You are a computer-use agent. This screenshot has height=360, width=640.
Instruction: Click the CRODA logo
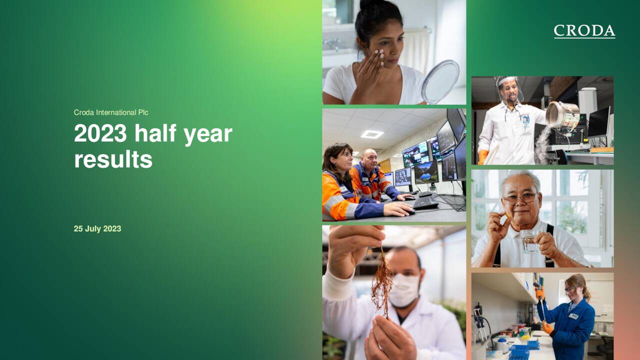(x=584, y=31)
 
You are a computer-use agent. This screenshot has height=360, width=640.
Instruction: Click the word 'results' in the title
(x=113, y=159)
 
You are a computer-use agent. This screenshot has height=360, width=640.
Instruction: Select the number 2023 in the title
(x=100, y=133)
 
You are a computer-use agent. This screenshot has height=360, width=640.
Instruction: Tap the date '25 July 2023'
(x=97, y=229)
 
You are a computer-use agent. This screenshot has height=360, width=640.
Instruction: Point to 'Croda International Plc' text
(x=111, y=112)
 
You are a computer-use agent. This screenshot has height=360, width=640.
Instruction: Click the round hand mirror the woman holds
(x=440, y=81)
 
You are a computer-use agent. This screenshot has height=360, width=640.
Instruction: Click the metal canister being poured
(x=562, y=114)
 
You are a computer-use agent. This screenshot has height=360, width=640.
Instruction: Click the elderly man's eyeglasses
(x=520, y=198)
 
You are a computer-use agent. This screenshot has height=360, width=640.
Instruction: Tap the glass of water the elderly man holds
(x=529, y=240)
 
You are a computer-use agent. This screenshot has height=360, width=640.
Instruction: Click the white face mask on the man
(x=404, y=290)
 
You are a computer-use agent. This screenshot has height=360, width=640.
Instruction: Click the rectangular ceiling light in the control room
(x=372, y=134)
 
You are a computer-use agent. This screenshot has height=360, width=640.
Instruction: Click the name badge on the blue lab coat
(x=573, y=316)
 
